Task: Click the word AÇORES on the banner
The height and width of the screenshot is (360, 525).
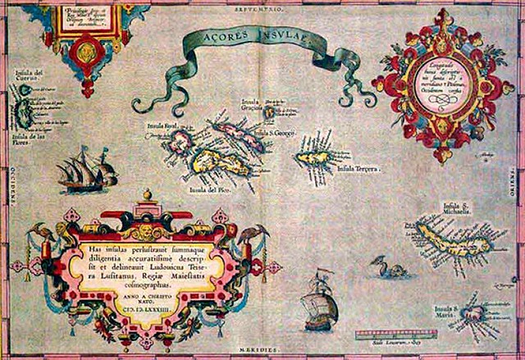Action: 219,37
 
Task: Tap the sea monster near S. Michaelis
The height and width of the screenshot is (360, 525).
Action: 382,267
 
